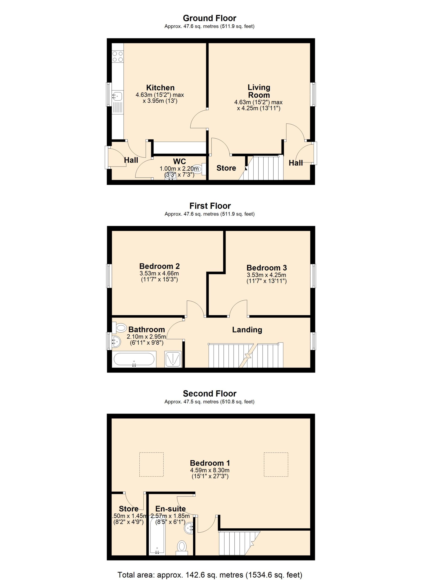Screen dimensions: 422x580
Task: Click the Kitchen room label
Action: (x=160, y=87)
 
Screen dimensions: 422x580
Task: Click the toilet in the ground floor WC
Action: (x=200, y=169)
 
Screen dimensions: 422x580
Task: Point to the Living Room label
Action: (x=259, y=91)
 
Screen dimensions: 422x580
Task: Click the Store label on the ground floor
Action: (x=226, y=168)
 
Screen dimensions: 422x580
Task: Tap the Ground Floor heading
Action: (x=209, y=18)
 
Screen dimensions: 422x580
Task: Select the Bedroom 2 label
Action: (x=159, y=266)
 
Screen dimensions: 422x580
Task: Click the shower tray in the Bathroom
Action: (x=173, y=359)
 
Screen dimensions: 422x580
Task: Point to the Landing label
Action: (x=247, y=330)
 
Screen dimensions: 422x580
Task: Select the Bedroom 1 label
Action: (x=210, y=463)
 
